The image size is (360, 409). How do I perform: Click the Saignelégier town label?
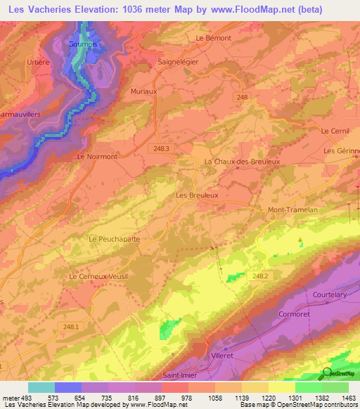[181, 61]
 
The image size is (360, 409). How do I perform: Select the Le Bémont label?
[214, 38]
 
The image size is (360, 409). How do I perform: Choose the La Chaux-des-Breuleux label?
[241, 161]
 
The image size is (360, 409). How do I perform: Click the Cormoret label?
[295, 314]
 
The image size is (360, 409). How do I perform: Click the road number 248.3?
[162, 148]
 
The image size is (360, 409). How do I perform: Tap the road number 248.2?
[259, 276]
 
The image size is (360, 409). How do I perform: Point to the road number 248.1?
[70, 327]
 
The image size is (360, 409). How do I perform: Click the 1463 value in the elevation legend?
[349, 398]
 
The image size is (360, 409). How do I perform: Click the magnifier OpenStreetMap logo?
[328, 372]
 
